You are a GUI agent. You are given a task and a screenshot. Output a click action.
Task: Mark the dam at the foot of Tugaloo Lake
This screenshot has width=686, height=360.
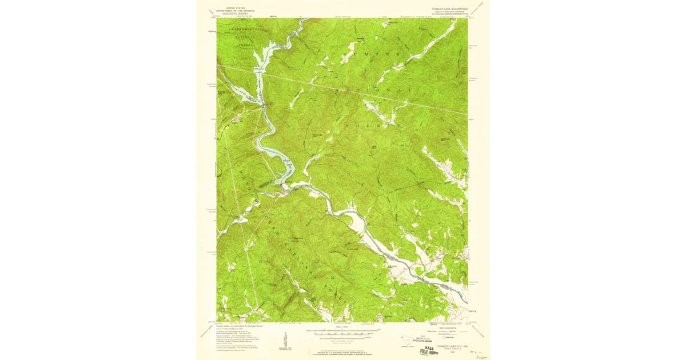pyautogui.click(x=264, y=105)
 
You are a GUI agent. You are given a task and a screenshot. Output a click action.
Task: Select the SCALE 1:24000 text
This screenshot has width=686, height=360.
pyautogui.click(x=342, y=326)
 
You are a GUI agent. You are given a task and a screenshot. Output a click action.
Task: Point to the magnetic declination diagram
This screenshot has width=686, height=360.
pyautogui.click(x=284, y=337)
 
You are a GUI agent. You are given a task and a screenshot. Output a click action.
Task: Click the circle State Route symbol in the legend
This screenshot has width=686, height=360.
pyautogui.click(x=450, y=339)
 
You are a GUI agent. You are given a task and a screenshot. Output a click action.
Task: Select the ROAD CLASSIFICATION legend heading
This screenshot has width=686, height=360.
pyautogui.click(x=450, y=326)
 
